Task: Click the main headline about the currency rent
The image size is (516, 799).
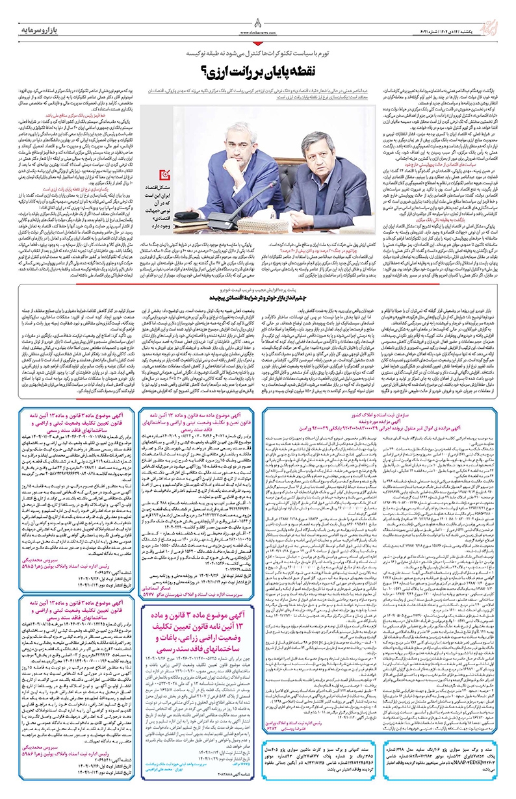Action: click(x=258, y=70)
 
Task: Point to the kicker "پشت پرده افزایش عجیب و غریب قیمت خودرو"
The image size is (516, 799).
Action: click(x=259, y=289)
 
